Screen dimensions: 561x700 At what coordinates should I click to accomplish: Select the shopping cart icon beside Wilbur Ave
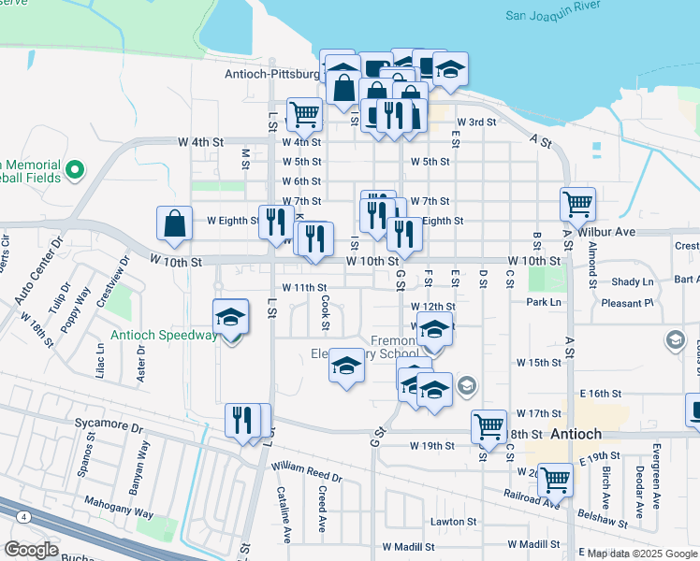click(578, 203)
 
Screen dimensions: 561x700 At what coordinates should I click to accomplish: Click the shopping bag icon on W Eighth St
click(175, 223)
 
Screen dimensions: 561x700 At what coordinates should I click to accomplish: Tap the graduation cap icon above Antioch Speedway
click(230, 317)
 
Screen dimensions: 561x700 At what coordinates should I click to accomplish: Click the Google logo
click(31, 550)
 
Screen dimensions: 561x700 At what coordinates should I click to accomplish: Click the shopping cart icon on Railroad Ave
click(556, 481)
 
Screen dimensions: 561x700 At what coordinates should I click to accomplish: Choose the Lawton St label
click(454, 522)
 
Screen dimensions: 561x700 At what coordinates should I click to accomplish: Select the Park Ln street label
click(542, 302)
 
